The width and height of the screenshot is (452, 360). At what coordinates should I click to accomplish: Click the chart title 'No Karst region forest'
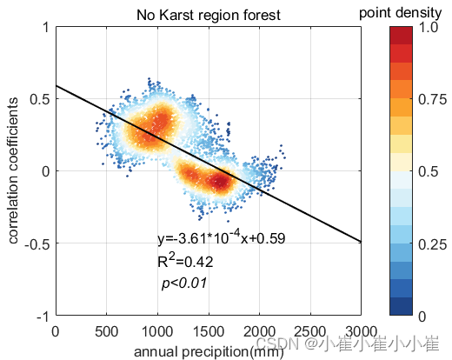(x=208, y=15)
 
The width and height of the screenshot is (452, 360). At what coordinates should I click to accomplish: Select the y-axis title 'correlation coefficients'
(x=16, y=170)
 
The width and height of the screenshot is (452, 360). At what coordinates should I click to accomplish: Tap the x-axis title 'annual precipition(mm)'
(x=208, y=350)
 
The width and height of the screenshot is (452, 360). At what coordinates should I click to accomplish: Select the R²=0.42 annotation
(x=185, y=261)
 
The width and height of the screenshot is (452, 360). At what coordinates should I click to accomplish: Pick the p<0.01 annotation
(x=183, y=283)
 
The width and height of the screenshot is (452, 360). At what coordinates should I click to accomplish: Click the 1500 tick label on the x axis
(x=208, y=331)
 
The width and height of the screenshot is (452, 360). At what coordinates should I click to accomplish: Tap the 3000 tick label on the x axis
(x=360, y=331)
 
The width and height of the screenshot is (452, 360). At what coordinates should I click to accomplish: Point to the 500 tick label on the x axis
(x=106, y=331)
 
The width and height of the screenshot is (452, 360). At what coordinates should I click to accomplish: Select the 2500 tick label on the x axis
(x=309, y=331)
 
